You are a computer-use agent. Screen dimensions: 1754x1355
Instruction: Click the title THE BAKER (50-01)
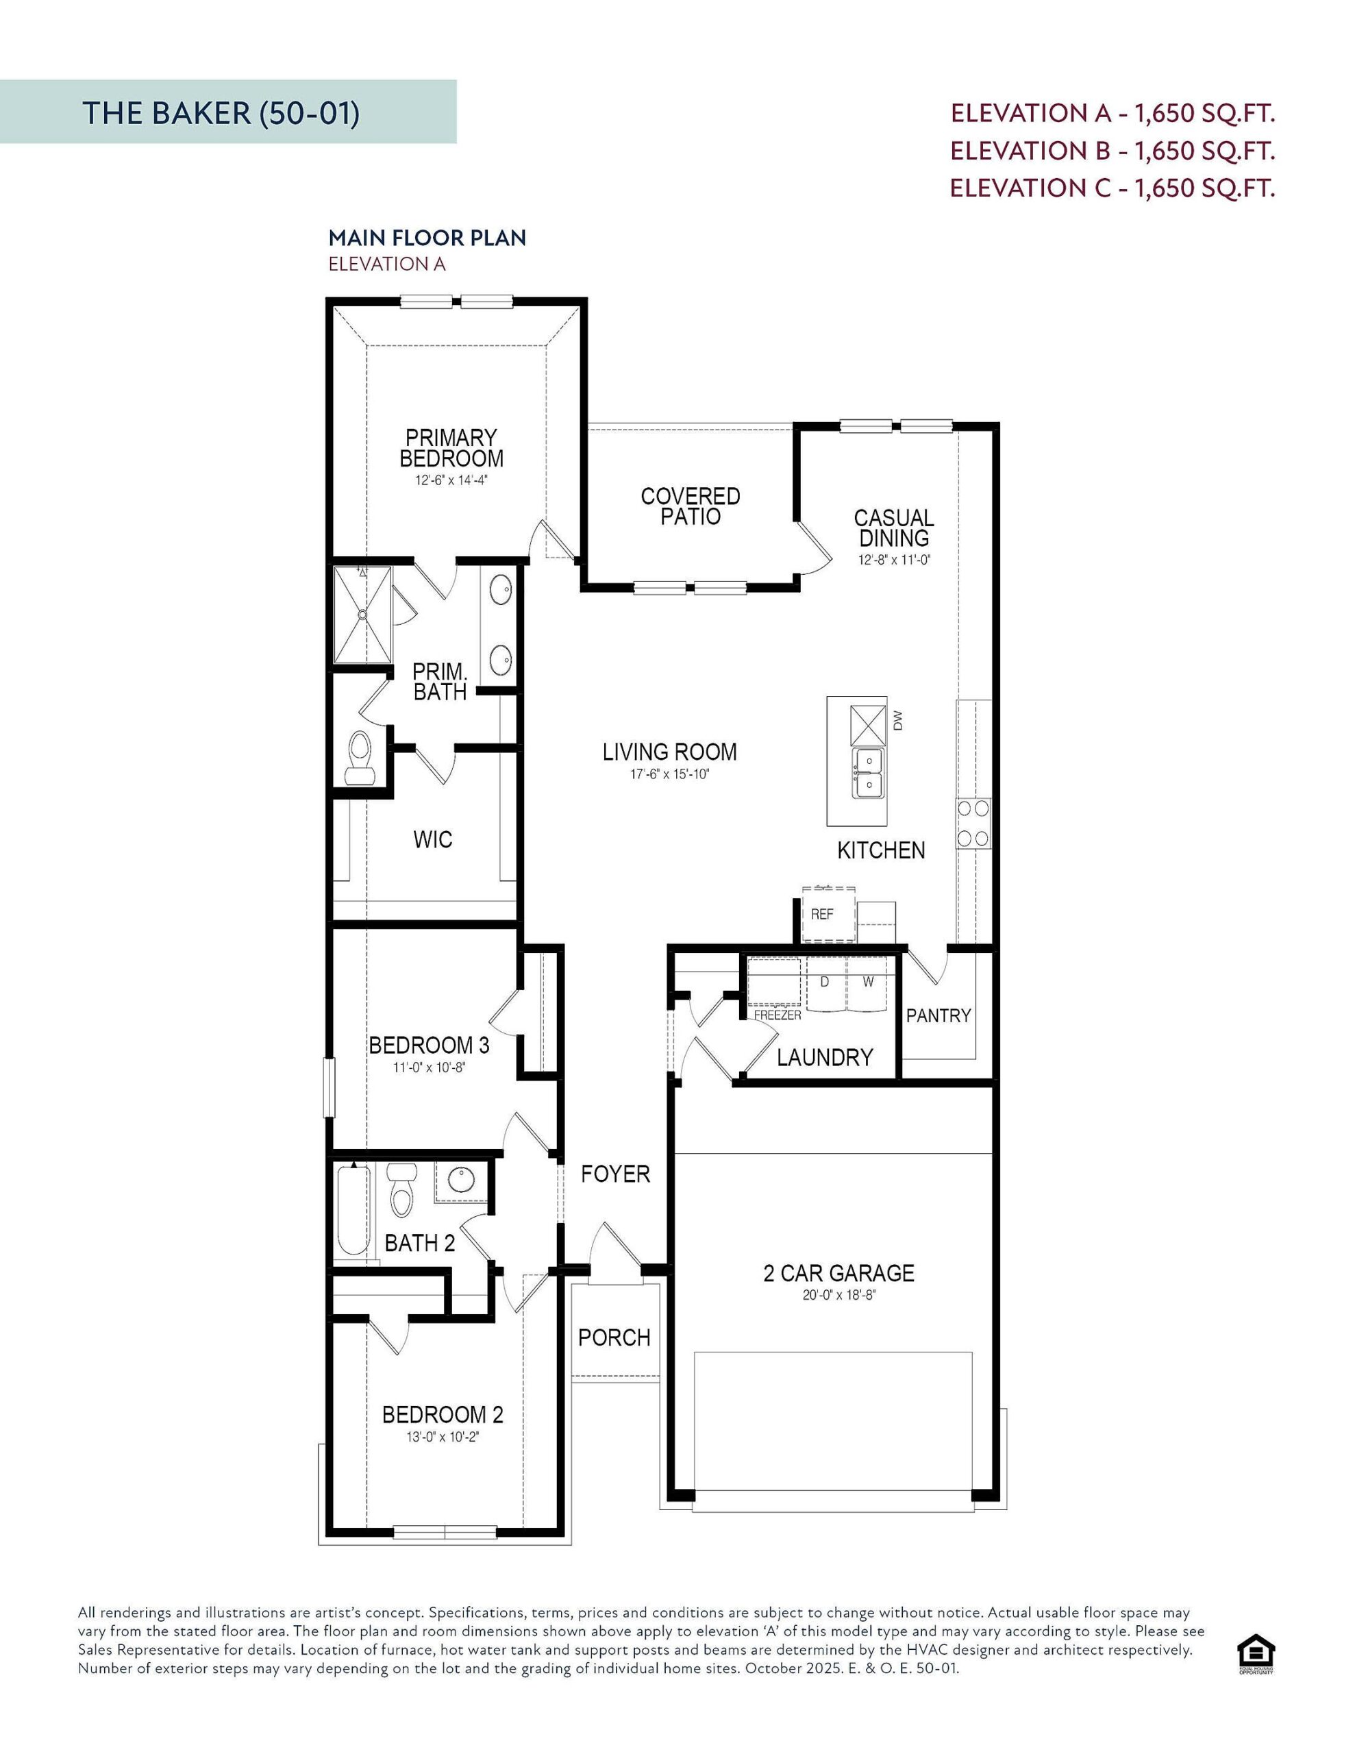[220, 113]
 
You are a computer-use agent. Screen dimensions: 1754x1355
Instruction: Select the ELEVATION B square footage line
[1112, 150]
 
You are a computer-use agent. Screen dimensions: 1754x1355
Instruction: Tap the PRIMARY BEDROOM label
[451, 448]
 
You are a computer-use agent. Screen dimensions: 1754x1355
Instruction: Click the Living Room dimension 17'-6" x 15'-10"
[669, 775]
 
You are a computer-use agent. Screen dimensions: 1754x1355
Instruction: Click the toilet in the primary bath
[359, 756]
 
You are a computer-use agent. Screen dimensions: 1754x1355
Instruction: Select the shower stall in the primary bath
[362, 615]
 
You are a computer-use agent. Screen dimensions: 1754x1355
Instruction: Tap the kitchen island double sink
[867, 773]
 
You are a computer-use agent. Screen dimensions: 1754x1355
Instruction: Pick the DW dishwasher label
[897, 720]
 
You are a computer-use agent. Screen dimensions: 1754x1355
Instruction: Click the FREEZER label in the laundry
[777, 1015]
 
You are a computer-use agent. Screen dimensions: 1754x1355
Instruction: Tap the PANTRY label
[938, 1015]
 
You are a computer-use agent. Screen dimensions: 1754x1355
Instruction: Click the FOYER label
[615, 1174]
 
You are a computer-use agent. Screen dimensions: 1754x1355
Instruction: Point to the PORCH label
[614, 1338]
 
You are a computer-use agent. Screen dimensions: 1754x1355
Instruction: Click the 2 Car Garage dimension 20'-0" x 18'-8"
[838, 1296]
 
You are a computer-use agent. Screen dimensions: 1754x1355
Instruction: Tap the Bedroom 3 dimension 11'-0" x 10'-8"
[429, 1067]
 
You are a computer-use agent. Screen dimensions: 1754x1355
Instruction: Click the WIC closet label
[432, 839]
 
